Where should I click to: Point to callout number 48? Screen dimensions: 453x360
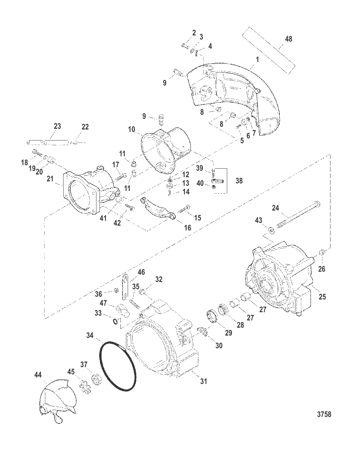tap(289, 39)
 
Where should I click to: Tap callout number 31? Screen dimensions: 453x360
tap(204, 381)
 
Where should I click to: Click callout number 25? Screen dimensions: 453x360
tap(322, 296)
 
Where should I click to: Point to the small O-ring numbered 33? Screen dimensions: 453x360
tap(116, 321)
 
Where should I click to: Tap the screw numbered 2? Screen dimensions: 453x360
tap(186, 46)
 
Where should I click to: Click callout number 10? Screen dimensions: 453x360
tap(132, 129)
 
